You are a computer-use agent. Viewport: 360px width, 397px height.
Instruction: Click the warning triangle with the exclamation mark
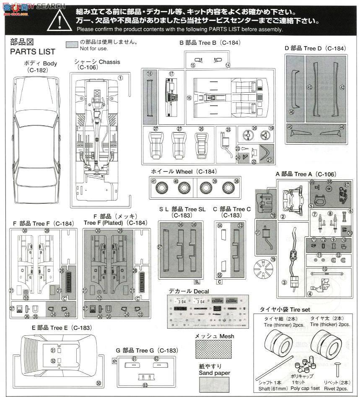[62, 19]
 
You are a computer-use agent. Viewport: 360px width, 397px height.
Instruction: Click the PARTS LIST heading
[33, 52]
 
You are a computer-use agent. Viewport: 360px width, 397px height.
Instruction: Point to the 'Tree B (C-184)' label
[210, 43]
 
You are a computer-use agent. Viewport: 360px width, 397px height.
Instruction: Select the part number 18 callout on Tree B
[149, 73]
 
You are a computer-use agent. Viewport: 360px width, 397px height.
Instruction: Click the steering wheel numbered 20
[246, 135]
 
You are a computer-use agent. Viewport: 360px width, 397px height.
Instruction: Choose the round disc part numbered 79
[264, 268]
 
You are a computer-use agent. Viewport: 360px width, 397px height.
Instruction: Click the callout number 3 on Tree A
[284, 282]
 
